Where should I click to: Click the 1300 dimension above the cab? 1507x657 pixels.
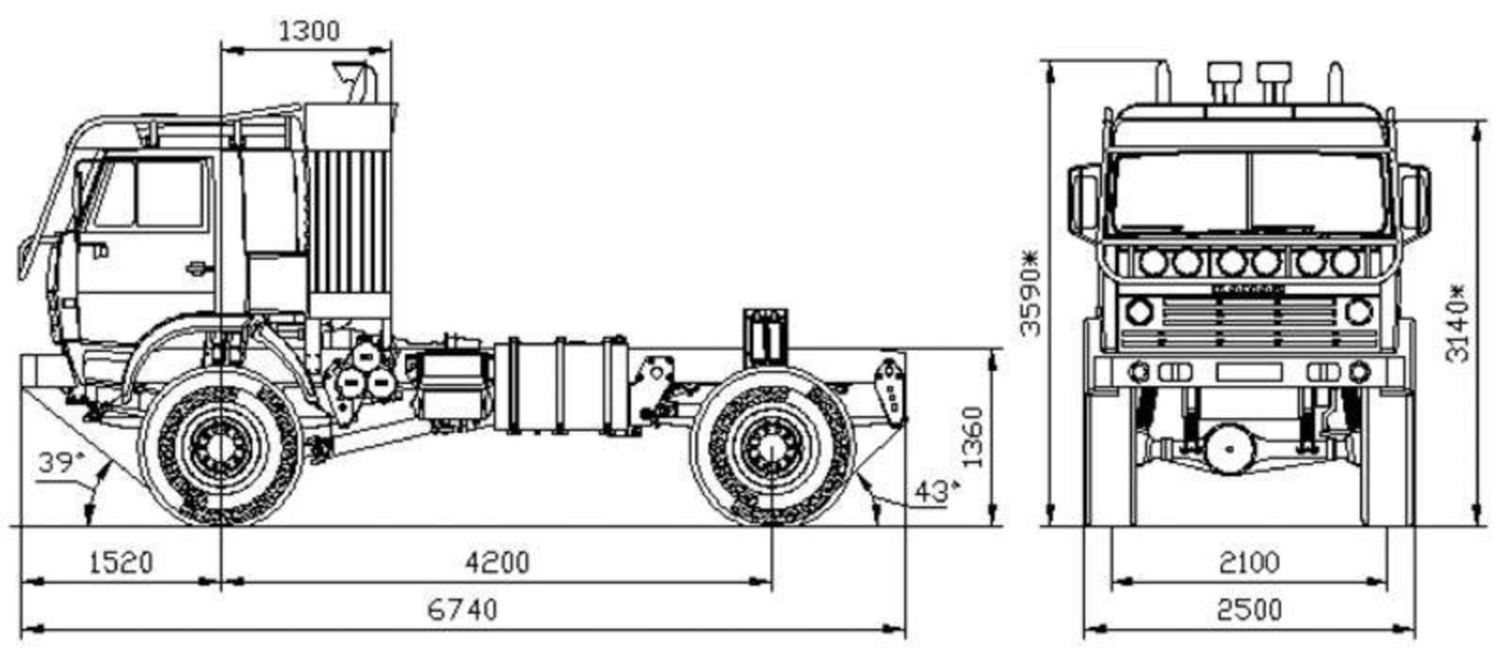pyautogui.click(x=309, y=32)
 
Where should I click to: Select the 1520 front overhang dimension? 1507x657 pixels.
pyautogui.click(x=122, y=562)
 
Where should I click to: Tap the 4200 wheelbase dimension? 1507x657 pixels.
pyautogui.click(x=497, y=562)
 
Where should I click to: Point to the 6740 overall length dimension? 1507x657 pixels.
pyautogui.click(x=462, y=610)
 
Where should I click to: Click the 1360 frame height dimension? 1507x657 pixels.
pyautogui.click(x=972, y=437)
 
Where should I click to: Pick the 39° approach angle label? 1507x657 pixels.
pyautogui.click(x=61, y=463)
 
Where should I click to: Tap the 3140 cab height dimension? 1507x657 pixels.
pyautogui.click(x=1457, y=323)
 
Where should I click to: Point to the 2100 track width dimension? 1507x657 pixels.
pyautogui.click(x=1249, y=562)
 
